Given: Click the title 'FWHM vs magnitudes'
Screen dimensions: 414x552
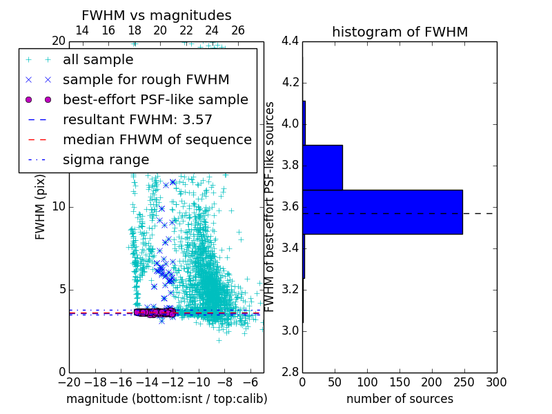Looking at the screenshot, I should [x=157, y=15].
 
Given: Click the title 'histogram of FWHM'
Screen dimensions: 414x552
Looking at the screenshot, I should [x=400, y=32].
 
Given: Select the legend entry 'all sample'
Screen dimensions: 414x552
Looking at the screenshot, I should [x=98, y=60].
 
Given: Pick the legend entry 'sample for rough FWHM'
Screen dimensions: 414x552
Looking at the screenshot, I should [x=146, y=79].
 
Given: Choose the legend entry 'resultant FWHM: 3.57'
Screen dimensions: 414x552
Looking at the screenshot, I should [x=137, y=119].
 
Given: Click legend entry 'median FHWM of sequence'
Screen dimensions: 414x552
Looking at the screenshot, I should [x=157, y=139].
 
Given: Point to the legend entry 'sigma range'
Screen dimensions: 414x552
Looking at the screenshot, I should [x=106, y=159].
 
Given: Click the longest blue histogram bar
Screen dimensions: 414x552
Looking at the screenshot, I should [x=382, y=212].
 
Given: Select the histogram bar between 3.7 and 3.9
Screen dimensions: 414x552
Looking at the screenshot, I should [x=322, y=167].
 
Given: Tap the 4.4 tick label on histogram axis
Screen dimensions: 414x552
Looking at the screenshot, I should [x=290, y=41].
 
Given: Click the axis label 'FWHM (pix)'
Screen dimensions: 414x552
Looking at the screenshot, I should [x=41, y=206].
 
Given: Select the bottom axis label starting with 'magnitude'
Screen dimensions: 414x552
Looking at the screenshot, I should [x=166, y=399].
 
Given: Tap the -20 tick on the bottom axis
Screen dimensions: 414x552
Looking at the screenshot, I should [x=69, y=382].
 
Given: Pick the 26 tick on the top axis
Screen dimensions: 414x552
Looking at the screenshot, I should [x=238, y=30].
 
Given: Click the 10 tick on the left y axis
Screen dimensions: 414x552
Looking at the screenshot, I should [x=58, y=206].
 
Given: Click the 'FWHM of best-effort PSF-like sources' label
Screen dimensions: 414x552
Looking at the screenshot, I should [x=270, y=206].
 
